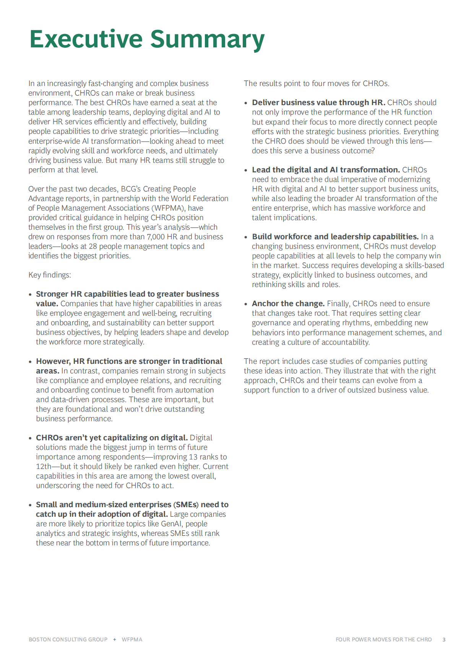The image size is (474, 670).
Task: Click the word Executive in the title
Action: point(86,39)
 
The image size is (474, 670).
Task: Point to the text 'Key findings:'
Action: point(50,275)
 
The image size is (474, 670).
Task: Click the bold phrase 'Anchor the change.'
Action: point(288,304)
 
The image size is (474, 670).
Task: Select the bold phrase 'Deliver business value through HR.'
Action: point(318,103)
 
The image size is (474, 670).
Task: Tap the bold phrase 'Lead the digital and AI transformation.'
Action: point(326,170)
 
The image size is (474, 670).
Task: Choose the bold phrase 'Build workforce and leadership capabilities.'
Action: point(335,237)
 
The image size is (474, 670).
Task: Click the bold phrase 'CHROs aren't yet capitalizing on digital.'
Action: point(112,438)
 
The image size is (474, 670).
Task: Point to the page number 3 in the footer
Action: point(444,639)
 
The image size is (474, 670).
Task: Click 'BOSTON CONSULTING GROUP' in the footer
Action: point(68,639)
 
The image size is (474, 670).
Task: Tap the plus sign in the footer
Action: point(115,639)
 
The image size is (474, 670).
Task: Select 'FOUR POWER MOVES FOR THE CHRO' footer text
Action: point(383,639)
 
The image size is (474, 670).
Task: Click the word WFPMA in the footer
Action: point(132,639)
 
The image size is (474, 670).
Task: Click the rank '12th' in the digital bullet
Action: point(44,467)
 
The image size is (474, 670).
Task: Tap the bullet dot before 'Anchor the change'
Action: point(246,304)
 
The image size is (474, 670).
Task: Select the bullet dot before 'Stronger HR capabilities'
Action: point(30,295)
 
